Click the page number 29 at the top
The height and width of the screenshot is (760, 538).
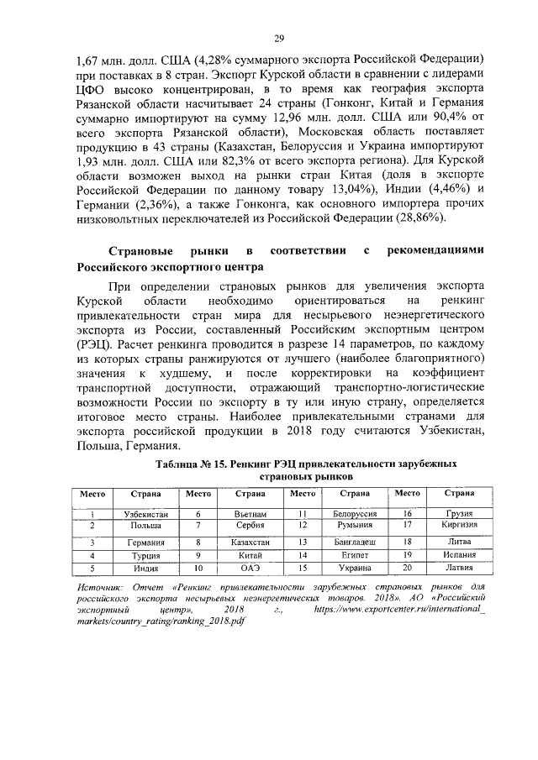[x=279, y=38]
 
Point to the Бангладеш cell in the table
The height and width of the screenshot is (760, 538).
[x=355, y=542]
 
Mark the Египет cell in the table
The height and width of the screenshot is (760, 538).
[x=355, y=556]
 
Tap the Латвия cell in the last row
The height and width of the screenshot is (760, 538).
[x=460, y=569]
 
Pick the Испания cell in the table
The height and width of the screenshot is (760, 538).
[x=460, y=556]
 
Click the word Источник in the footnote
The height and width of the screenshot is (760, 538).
[x=92, y=584]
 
